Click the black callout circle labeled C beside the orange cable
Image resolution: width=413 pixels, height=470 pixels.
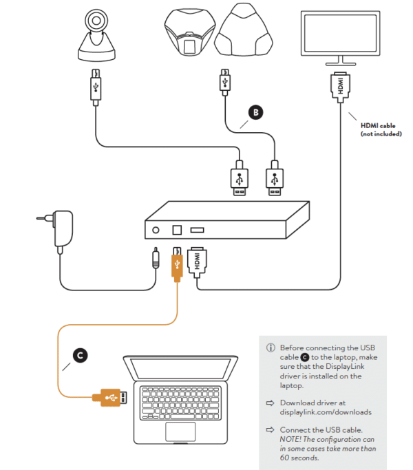[81, 356]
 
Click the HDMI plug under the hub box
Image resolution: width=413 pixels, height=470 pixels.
[197, 261]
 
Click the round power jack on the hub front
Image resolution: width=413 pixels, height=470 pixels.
[157, 230]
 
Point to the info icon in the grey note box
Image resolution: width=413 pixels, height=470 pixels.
[271, 348]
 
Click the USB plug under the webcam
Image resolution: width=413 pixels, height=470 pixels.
[96, 85]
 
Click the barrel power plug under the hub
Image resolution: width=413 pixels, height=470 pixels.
[157, 260]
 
